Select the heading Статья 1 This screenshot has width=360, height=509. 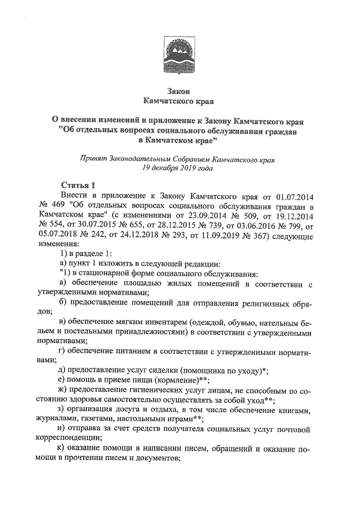(x=79, y=185)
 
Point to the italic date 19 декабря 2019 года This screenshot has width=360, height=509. (x=179, y=168)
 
